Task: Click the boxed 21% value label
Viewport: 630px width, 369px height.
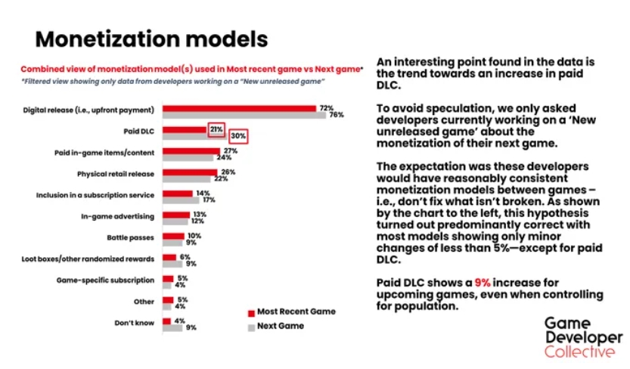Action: [216, 129]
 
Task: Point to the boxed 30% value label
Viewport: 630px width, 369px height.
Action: [238, 137]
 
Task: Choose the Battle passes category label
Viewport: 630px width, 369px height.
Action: [131, 237]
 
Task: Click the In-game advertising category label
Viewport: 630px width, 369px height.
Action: [117, 216]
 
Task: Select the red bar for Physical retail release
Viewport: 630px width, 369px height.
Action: [189, 172]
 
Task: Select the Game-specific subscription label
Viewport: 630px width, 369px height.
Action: [106, 280]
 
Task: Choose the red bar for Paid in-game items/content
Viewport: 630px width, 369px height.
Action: [191, 150]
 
